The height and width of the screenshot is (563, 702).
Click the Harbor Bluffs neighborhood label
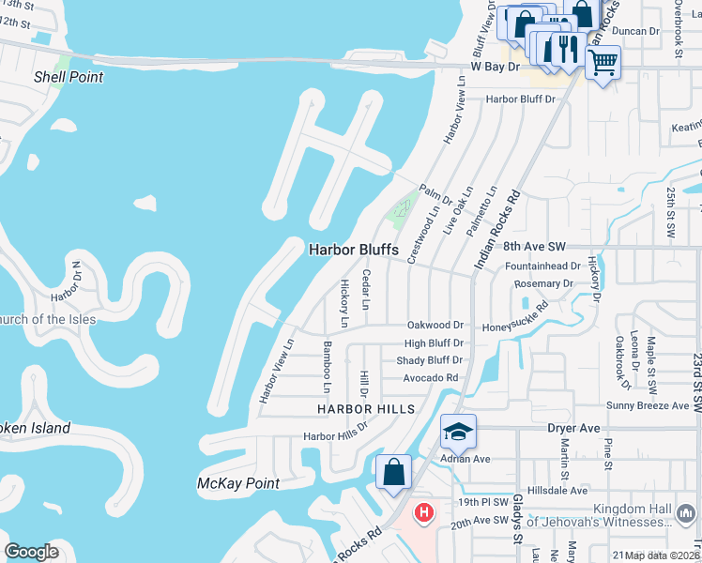(355, 250)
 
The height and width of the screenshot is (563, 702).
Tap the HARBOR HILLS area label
(365, 409)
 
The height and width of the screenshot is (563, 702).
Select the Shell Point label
(69, 77)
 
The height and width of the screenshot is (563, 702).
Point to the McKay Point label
(238, 483)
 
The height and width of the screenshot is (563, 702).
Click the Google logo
(32, 551)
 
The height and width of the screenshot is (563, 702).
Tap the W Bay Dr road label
(495, 67)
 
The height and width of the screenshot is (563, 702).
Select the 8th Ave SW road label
(535, 246)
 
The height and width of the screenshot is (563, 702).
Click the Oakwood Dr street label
(435, 325)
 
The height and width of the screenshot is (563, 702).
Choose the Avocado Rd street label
(431, 378)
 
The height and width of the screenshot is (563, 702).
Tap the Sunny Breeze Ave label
(648, 405)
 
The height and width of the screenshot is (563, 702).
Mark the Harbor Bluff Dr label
(521, 99)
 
